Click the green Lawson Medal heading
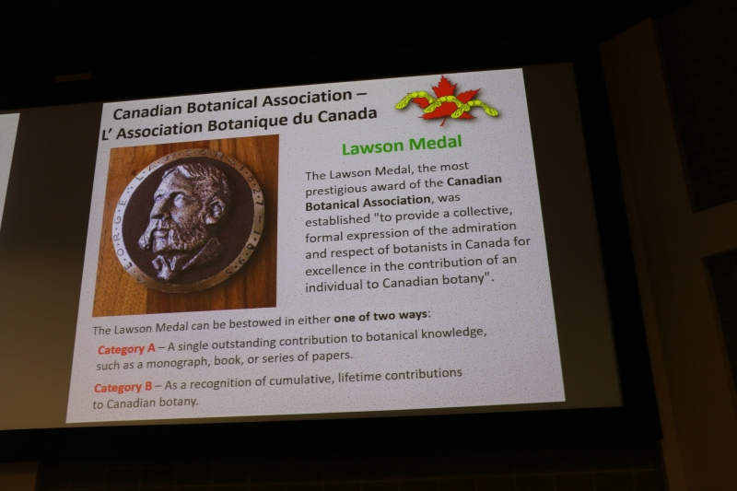click(x=402, y=146)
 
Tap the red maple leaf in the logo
click(x=443, y=99)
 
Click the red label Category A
click(x=126, y=349)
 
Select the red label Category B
click(x=123, y=388)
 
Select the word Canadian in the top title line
click(x=147, y=111)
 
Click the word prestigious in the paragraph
click(x=335, y=189)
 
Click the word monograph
click(x=178, y=363)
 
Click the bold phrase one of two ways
click(x=381, y=316)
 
